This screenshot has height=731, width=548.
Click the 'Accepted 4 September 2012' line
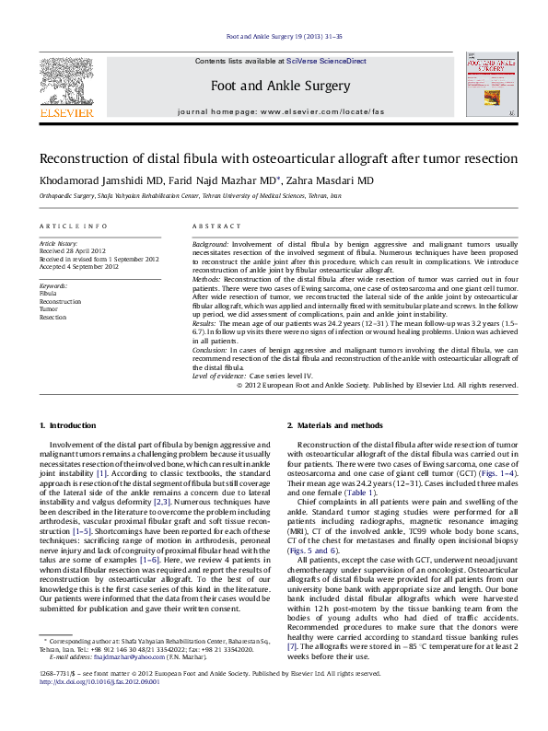[x=83, y=267]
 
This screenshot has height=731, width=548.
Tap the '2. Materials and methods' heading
[x=335, y=425]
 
